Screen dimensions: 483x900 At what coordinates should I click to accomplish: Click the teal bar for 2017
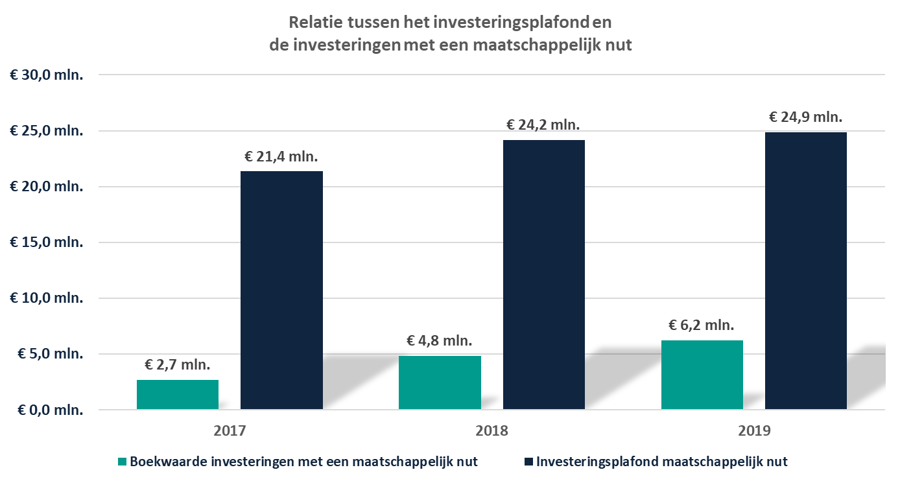178,395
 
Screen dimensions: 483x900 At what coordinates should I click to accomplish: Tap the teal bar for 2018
440,383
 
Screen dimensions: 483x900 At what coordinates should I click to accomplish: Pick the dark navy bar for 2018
543,275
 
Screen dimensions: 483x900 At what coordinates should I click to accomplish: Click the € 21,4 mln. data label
281,156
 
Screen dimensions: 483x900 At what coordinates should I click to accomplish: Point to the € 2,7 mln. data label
178,364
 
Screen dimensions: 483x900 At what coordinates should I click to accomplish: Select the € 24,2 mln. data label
543,124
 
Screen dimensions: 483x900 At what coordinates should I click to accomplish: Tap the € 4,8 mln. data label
440,340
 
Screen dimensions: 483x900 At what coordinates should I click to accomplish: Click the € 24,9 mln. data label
805,117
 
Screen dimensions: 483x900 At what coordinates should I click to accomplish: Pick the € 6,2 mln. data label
702,325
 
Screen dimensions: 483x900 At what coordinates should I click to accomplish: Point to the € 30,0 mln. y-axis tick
47,75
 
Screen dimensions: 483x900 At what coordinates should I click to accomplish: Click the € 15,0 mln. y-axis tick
47,242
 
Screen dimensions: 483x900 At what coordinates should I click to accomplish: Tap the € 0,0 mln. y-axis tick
47,410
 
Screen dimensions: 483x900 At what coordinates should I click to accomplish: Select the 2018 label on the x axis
491,431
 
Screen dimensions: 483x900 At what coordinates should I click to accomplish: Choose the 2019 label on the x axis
753,431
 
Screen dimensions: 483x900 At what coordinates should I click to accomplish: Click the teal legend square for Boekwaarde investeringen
122,462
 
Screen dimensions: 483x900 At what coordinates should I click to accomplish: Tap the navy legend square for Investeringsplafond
528,462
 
